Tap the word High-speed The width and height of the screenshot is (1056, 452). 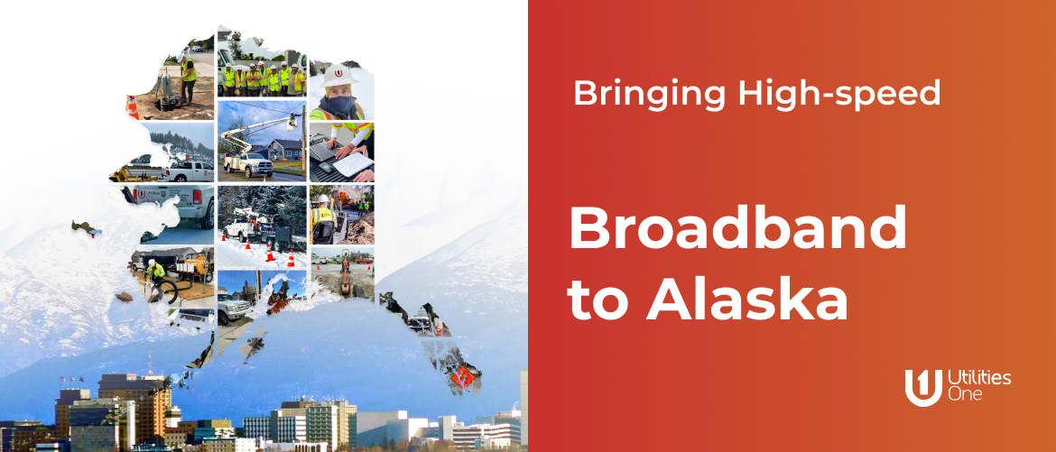pos(839,94)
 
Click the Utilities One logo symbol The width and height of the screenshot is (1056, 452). pos(923,387)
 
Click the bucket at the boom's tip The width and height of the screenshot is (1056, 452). pos(292,123)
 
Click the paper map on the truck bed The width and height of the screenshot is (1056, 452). pos(352,164)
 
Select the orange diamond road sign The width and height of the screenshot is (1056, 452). pos(463,376)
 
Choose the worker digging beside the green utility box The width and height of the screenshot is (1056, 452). pos(187,78)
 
